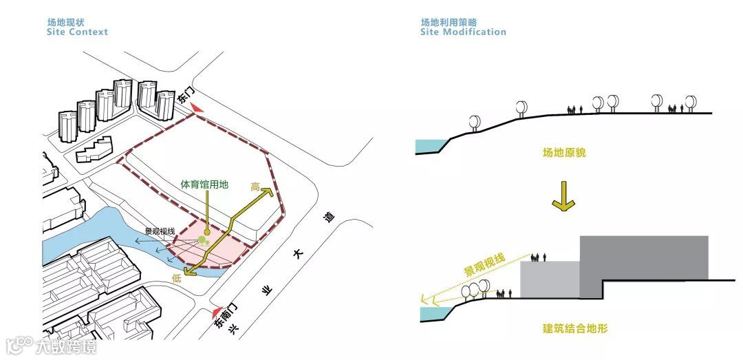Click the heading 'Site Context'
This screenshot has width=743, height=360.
[77, 32]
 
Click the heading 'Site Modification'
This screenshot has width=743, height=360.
[463, 32]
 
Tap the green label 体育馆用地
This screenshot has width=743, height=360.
[204, 184]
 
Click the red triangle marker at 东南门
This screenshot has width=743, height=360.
[219, 311]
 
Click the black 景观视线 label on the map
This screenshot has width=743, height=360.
[159, 231]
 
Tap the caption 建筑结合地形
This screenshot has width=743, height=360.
[574, 329]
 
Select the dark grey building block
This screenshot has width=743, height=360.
[643, 258]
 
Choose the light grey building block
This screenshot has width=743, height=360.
[549, 279]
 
